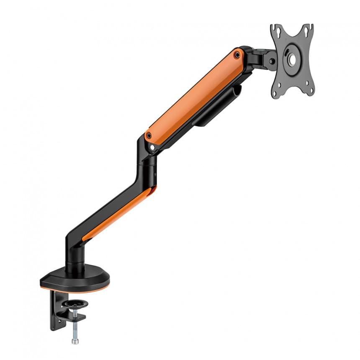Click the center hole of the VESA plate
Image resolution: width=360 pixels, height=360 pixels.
[x=292, y=60]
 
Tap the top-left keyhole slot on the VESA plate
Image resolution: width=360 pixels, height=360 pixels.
[x=274, y=30]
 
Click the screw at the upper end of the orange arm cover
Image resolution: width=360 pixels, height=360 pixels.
[x=237, y=54]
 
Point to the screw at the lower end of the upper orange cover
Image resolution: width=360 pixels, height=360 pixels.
[x=149, y=136]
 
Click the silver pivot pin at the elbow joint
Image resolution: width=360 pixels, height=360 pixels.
[x=152, y=147]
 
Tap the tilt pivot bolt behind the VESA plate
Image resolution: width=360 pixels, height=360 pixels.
[x=272, y=61]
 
